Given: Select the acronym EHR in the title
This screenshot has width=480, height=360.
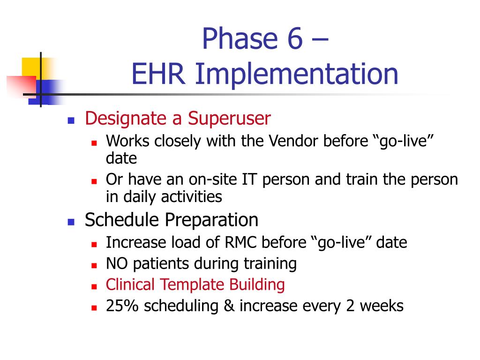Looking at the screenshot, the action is pyautogui.click(x=158, y=74).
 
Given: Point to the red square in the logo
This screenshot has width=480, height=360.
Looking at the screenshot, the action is pyautogui.click(x=22, y=86).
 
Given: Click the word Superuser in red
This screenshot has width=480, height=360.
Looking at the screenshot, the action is pyautogui.click(x=229, y=119).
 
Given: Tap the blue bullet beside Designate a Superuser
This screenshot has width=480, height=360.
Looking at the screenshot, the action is pyautogui.click(x=71, y=120).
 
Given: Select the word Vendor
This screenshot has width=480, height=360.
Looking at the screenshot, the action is pyautogui.click(x=293, y=141).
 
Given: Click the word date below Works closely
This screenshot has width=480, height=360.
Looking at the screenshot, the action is pyautogui.click(x=121, y=158).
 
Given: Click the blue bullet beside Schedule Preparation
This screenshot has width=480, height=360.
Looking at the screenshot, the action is pyautogui.click(x=71, y=222).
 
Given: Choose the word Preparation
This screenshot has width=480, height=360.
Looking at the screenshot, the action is pyautogui.click(x=211, y=220).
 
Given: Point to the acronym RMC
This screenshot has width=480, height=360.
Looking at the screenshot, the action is pyautogui.click(x=240, y=242).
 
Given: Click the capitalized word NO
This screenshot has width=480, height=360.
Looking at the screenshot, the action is pyautogui.click(x=117, y=263).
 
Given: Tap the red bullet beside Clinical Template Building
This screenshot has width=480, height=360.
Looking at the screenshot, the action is pyautogui.click(x=94, y=287).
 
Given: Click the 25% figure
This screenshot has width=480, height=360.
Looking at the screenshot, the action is pyautogui.click(x=122, y=306).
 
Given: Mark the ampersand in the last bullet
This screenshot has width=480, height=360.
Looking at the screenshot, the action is pyautogui.click(x=229, y=306).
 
